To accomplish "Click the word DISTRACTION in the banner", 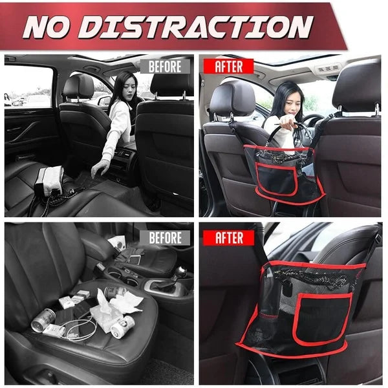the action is pyautogui.click(x=195, y=27).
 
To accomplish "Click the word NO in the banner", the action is pyautogui.click(x=47, y=27).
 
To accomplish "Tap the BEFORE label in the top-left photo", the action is pyautogui.click(x=165, y=67).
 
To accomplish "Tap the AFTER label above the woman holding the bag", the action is pyautogui.click(x=229, y=67).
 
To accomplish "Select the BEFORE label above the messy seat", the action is pyautogui.click(x=165, y=238).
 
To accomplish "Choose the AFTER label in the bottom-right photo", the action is pyautogui.click(x=229, y=238).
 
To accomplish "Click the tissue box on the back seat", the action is pyautogui.click(x=49, y=179).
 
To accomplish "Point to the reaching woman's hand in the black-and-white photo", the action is pyautogui.click(x=99, y=169).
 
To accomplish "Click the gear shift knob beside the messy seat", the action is pyautogui.click(x=181, y=272).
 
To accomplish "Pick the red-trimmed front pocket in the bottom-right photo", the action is pyautogui.click(x=324, y=319).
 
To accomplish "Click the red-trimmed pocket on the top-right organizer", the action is pyautogui.click(x=277, y=179).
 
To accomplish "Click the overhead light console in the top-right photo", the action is pyautogui.click(x=329, y=68).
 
